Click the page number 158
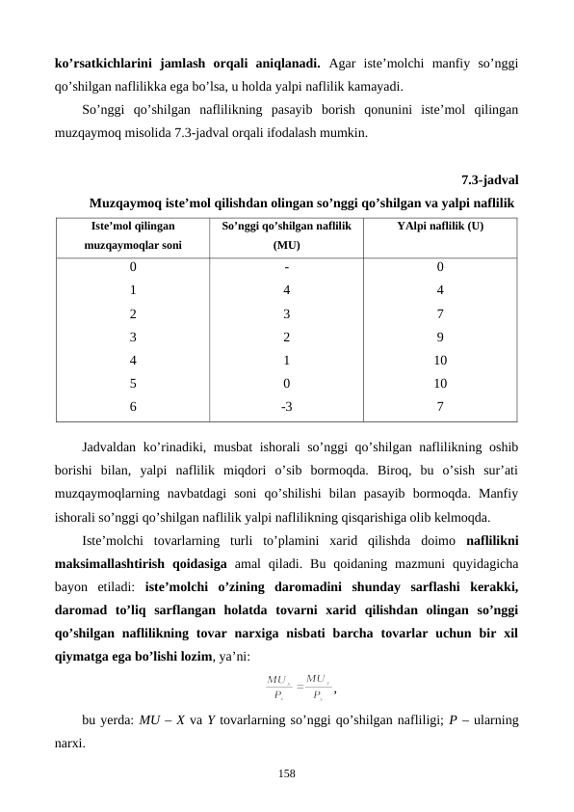coord(287,773)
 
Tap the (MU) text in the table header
coord(286,245)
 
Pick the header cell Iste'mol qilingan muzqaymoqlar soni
coord(133,235)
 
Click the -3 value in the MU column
coord(286,406)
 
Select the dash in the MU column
coord(286,267)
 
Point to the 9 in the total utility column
coord(439,337)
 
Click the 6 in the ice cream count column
coord(133,406)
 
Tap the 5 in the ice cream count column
coord(133,383)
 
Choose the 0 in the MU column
coord(286,383)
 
